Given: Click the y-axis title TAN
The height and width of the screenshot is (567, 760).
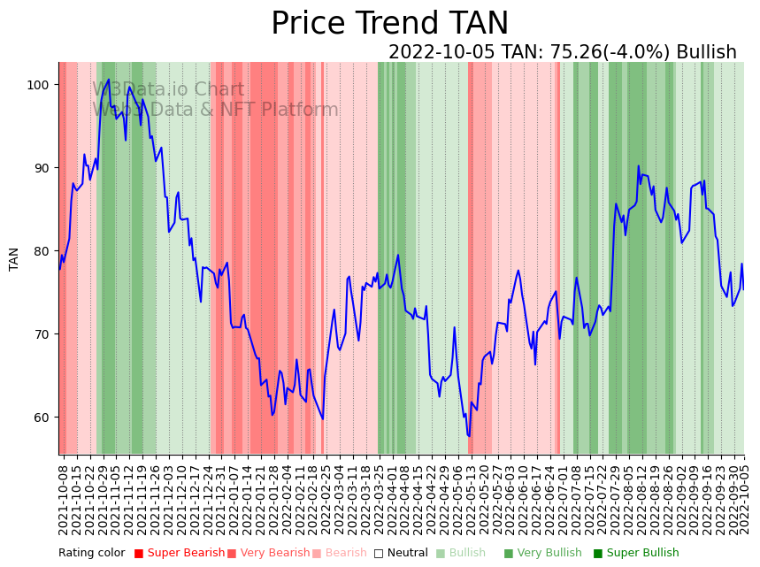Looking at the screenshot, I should (x=14, y=258).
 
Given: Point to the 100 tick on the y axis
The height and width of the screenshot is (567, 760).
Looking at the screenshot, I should (x=42, y=85).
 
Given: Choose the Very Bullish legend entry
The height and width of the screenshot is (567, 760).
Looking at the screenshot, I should (x=542, y=554).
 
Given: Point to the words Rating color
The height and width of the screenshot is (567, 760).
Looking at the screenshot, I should (x=92, y=554).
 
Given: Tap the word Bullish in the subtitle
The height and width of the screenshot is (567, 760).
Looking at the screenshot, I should (x=706, y=52).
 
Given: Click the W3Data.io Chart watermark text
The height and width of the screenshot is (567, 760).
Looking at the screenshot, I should (x=168, y=89).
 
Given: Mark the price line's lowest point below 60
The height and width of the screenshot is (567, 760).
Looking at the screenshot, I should (x=469, y=436).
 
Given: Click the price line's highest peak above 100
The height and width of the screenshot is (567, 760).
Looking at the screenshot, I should (x=109, y=80).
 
